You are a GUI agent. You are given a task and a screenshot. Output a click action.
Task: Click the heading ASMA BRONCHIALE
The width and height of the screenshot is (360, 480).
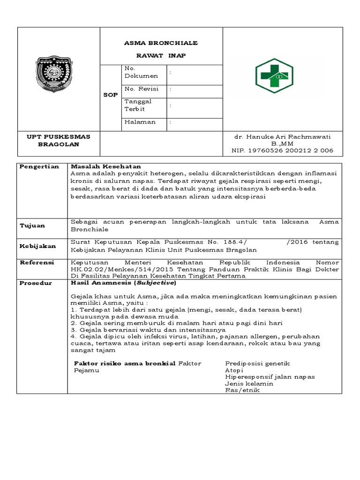pyautogui.click(x=161, y=43)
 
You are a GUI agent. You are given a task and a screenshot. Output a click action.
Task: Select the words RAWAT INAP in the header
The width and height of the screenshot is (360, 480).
pyautogui.click(x=161, y=56)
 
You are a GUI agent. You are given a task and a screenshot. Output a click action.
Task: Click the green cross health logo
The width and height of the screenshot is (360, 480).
pyautogui.click(x=274, y=75)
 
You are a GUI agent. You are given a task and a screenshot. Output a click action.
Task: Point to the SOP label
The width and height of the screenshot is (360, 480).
pyautogui.click(x=110, y=95)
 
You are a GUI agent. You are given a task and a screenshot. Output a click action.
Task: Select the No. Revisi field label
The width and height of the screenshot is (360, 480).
pyautogui.click(x=142, y=89)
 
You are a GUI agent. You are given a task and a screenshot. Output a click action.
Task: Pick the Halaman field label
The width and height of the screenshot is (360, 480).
pyautogui.click(x=139, y=122)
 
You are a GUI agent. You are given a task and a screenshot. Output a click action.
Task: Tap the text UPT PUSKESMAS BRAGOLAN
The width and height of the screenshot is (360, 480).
pyautogui.click(x=59, y=140)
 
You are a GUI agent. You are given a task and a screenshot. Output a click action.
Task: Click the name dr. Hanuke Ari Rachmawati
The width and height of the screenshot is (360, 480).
pyautogui.click(x=283, y=137)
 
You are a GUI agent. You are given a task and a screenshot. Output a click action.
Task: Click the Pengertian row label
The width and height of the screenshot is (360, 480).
pyautogui.click(x=39, y=166)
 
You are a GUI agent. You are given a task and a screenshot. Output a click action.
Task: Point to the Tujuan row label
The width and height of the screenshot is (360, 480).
pyautogui.click(x=32, y=226)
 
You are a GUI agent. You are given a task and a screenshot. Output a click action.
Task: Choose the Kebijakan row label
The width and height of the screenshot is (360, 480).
pyautogui.click(x=37, y=246)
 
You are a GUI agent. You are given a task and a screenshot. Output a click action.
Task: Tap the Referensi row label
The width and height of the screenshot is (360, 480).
pyautogui.click(x=37, y=262)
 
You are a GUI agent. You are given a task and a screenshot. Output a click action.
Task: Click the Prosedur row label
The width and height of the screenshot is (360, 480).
pyautogui.click(x=36, y=283)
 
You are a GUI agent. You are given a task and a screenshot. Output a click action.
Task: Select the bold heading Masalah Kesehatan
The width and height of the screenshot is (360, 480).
pyautogui.click(x=105, y=166)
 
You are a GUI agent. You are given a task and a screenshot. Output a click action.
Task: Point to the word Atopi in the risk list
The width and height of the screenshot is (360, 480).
pyautogui.click(x=234, y=370)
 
